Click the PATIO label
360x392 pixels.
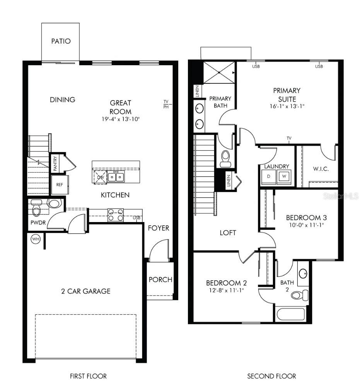pyautogui.click(x=61, y=41)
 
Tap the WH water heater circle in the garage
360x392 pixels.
pyautogui.click(x=36, y=239)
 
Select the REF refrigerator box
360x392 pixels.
pyautogui.click(x=60, y=185)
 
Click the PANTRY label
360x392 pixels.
pyautogui.click(x=56, y=163)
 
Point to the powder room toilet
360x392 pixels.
pyautogui.click(x=37, y=210)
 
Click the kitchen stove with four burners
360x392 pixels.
pyautogui.click(x=115, y=215)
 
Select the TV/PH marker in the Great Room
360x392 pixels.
pyautogui.click(x=166, y=104)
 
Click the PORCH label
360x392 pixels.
pyautogui.click(x=160, y=280)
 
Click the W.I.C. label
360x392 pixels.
pyautogui.click(x=321, y=169)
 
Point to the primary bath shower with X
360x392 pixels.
pyautogui.click(x=219, y=72)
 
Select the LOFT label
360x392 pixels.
pyautogui.click(x=228, y=233)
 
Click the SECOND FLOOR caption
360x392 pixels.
pyautogui.click(x=271, y=376)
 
